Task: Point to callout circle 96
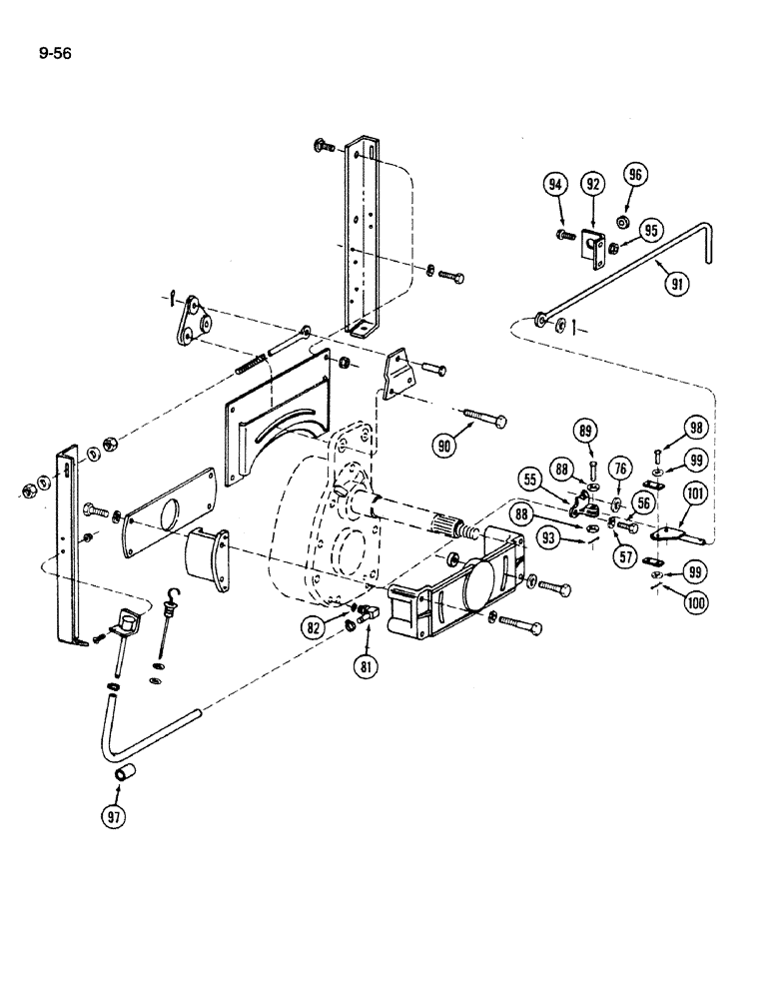[636, 174]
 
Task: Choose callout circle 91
[678, 282]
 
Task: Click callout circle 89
[586, 432]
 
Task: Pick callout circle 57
[626, 557]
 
